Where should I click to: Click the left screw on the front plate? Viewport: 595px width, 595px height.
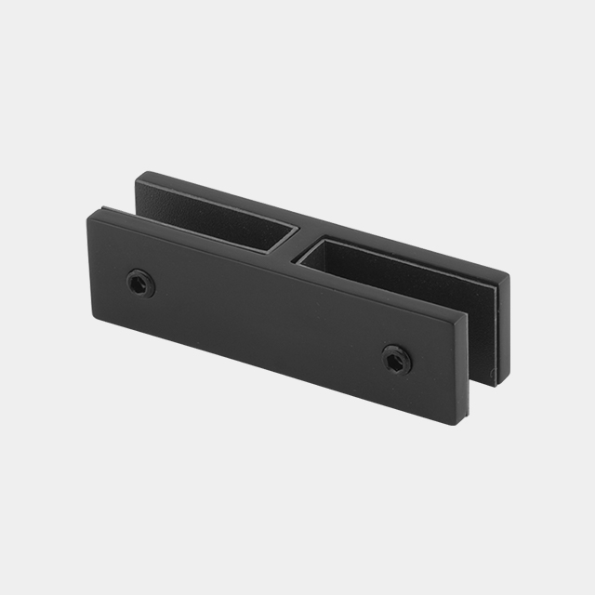tap(139, 283)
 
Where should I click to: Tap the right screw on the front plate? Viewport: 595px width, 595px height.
tap(397, 359)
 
